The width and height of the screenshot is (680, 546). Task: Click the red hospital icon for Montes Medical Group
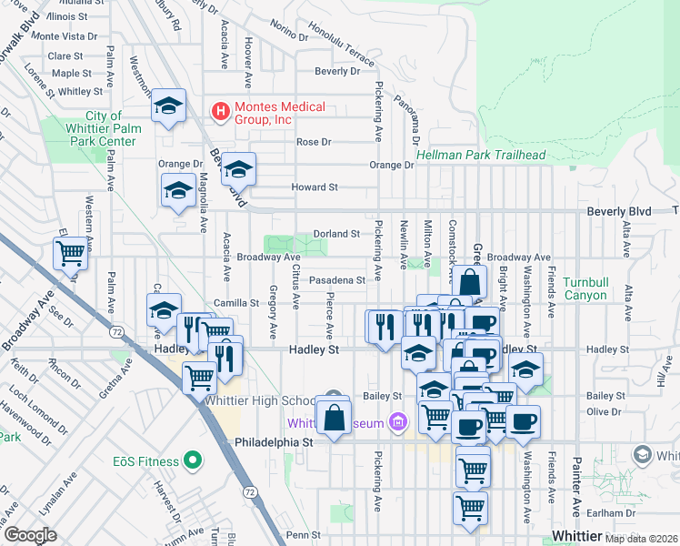[219, 112]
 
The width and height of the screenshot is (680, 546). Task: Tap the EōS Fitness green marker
[192, 461]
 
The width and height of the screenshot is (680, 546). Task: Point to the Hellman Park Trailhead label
[481, 156]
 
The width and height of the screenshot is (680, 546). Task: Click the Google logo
[30, 535]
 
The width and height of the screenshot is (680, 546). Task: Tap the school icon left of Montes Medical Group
[169, 106]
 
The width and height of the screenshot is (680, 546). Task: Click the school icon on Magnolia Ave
[178, 191]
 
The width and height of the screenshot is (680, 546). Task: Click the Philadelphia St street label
[274, 442]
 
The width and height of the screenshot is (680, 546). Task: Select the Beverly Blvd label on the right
[619, 211]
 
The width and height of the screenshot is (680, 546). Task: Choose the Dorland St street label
[336, 234]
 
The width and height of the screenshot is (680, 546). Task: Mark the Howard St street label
[314, 187]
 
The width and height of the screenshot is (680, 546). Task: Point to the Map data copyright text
[640, 540]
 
